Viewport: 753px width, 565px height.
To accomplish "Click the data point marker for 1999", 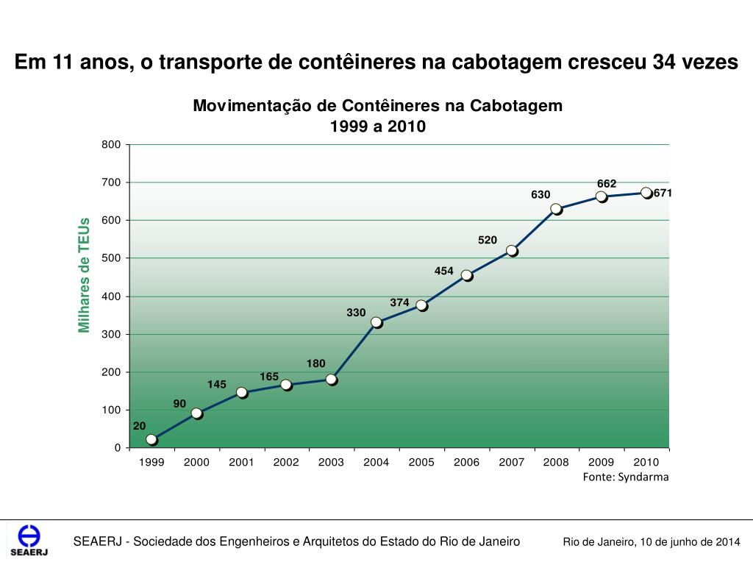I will tap(151, 439).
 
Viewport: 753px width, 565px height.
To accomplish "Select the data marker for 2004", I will tap(376, 322).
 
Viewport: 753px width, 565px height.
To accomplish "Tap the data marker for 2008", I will tap(556, 209).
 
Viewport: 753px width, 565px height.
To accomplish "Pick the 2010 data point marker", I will tap(646, 193).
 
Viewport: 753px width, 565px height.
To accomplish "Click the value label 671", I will tap(663, 193).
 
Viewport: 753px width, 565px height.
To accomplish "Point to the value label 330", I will tap(356, 313).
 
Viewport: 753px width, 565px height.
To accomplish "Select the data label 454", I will tap(444, 271).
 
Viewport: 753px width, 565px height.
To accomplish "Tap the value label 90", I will tap(179, 403).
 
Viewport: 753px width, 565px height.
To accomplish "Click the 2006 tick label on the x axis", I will tap(466, 462).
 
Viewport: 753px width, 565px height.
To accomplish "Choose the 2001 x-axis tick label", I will tap(241, 462).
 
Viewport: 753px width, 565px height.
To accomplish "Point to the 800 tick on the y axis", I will tap(111, 144).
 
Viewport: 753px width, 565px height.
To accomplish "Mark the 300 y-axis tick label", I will tap(111, 334).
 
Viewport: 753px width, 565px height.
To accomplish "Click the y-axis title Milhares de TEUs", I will tap(84, 274).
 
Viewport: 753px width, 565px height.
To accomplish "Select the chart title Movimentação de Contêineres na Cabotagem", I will tap(377, 106).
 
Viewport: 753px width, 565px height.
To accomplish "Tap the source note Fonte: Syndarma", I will tap(626, 477).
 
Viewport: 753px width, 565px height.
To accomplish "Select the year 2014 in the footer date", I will tap(727, 542).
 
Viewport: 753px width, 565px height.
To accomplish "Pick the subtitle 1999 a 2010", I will tap(377, 127).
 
